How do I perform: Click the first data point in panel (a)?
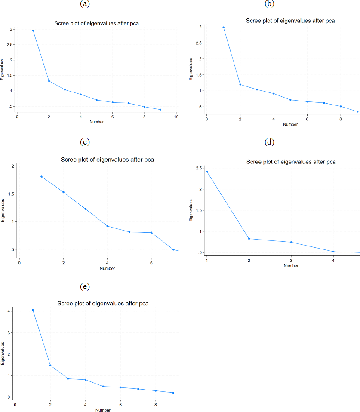point(33,31)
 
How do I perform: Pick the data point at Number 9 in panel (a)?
point(160,110)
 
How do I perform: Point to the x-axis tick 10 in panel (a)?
point(176,117)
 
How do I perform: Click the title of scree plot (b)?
point(290,20)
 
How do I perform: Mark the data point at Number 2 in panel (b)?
point(240,84)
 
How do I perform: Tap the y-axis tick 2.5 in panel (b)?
point(200,43)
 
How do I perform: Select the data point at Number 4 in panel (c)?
point(107,226)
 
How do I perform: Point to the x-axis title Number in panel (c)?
point(107,269)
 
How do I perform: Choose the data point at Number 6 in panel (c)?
point(151,233)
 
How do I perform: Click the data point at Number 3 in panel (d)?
point(291,242)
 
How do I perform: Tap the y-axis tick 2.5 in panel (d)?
point(200,168)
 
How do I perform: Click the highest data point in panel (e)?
point(33,310)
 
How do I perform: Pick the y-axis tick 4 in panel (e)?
point(10,311)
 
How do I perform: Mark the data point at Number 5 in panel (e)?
point(103,386)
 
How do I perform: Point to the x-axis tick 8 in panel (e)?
point(156,404)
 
